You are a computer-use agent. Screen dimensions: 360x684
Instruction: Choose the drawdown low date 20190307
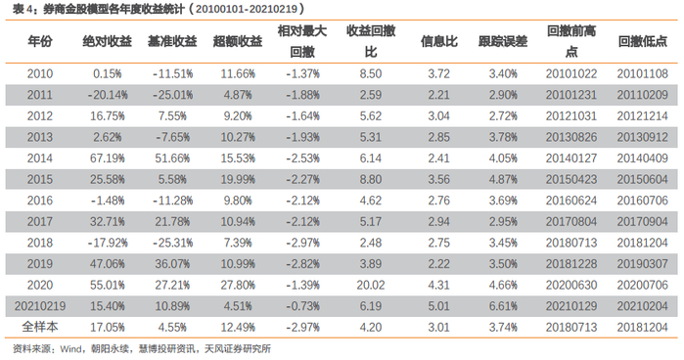642,264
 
